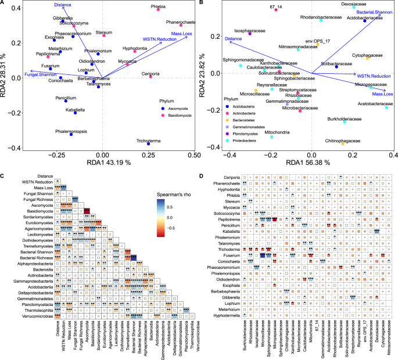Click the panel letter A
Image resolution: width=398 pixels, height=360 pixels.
(x=3, y=3)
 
